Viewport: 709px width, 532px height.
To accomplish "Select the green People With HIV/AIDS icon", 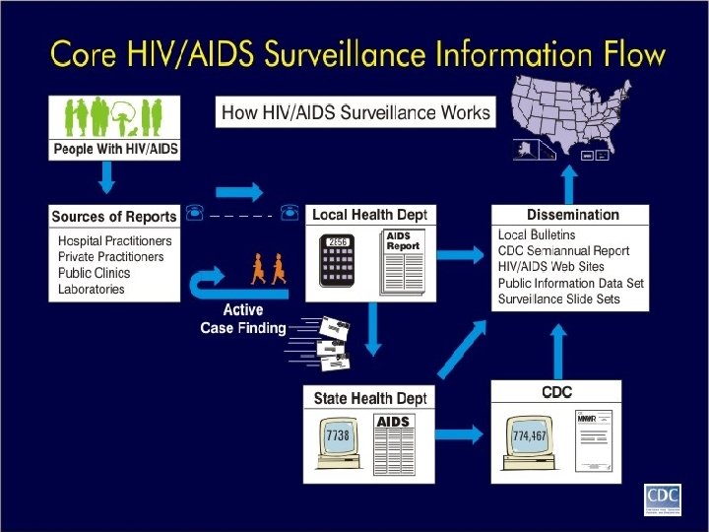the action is [x=114, y=119].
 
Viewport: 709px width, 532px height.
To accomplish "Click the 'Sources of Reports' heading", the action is [x=114, y=217].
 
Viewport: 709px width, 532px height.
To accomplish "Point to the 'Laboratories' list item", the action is [x=92, y=290].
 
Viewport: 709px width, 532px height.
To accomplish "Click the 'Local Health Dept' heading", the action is [x=369, y=215].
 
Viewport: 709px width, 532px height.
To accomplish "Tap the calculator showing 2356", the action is [x=339, y=261].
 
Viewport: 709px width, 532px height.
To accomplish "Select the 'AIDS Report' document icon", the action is [x=401, y=260].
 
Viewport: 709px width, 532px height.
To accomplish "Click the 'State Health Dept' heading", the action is [x=370, y=398].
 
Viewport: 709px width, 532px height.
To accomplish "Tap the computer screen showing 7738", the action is [x=337, y=434].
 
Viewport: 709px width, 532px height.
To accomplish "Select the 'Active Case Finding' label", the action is [x=242, y=319].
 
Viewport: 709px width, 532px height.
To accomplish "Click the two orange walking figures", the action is [x=268, y=269].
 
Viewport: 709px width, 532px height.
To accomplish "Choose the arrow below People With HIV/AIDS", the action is [x=108, y=177].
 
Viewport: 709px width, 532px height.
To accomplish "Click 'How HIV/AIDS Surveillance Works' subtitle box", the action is [x=355, y=112].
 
